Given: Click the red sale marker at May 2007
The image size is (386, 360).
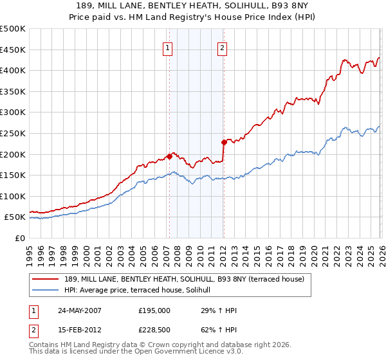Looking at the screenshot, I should coord(169,156).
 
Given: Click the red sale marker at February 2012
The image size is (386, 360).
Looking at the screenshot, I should coord(223,142).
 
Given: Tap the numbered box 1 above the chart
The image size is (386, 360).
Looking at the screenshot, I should coord(168,48).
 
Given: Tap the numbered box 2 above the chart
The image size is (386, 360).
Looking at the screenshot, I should coord(222,48).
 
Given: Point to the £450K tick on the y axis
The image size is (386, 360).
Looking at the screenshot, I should coord(14,50).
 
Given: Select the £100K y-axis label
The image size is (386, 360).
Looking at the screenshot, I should coord(14,196).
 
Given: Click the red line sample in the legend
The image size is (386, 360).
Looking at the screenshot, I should coord(46,278).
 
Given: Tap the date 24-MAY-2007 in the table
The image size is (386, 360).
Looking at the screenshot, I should coord(78,310).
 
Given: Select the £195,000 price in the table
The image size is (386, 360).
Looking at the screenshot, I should coord(154,310).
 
